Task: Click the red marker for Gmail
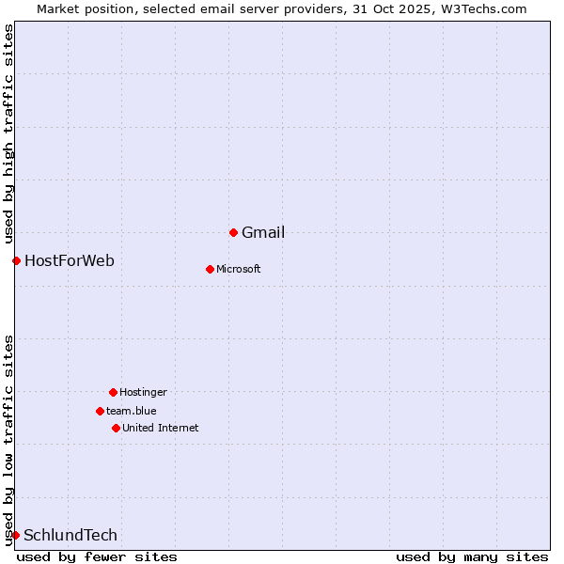coord(233,232)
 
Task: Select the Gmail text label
coord(263,233)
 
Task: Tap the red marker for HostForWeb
coord(16,260)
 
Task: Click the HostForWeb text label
coord(70,261)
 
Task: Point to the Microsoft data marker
coord(210,269)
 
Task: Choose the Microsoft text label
coord(238,270)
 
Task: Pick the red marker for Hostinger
coord(113,392)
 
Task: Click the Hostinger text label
coord(143,393)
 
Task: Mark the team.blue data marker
coord(100,411)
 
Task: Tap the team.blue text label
coord(132,412)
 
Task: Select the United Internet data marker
coord(116,428)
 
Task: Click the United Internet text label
coord(160,429)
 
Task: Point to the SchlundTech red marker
coord(15,535)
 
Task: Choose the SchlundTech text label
coord(70,536)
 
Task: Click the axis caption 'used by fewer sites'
coord(97,557)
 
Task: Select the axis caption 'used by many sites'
coord(472,557)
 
